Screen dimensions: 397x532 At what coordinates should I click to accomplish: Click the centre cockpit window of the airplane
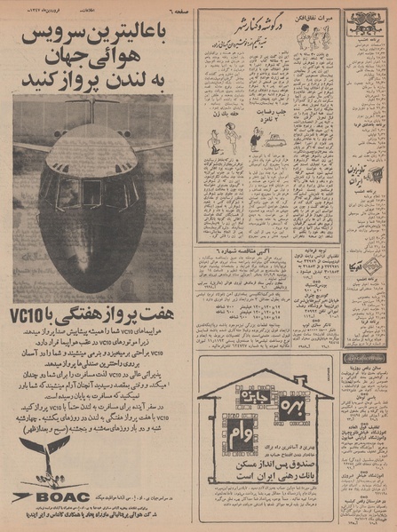tap(91, 189)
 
